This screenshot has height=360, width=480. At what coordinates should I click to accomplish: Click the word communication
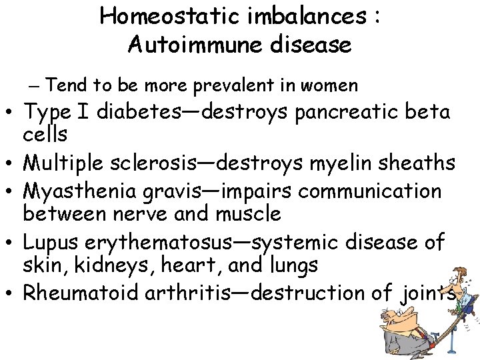pos(370,191)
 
